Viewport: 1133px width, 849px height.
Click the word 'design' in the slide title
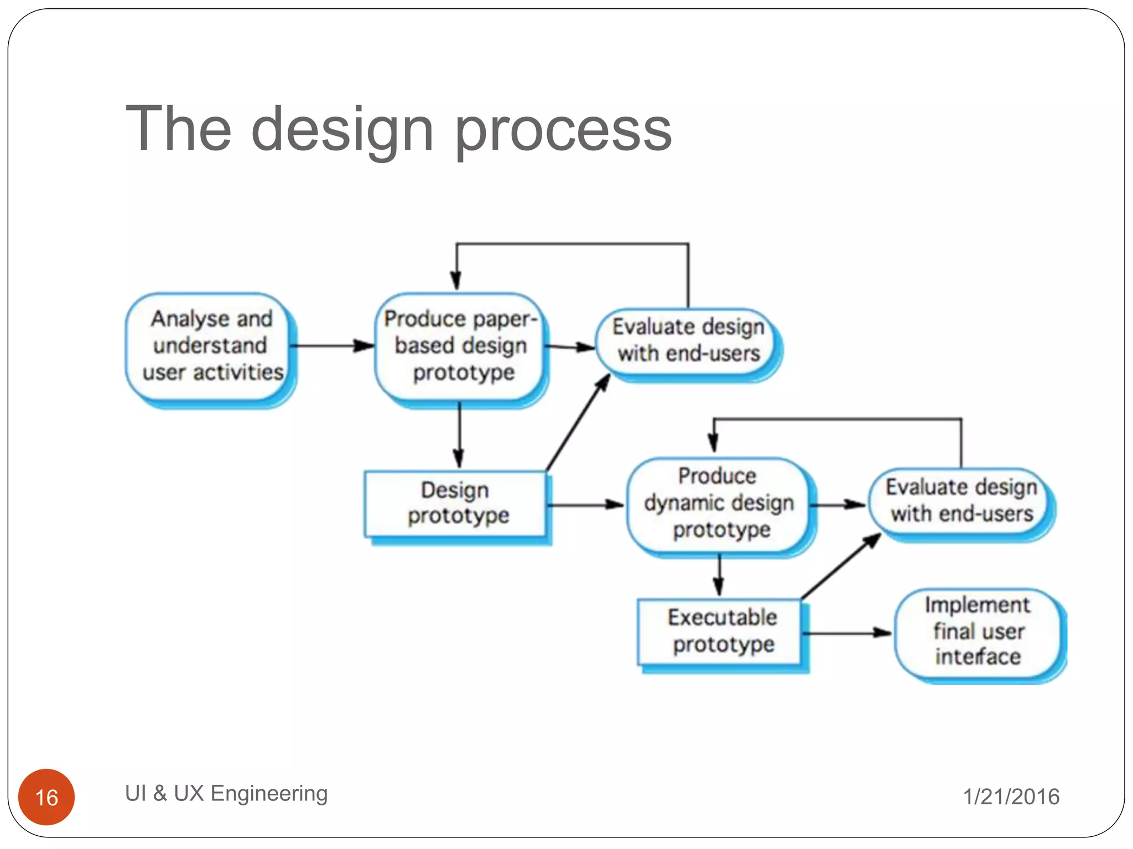(x=342, y=130)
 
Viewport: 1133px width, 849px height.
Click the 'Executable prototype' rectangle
(x=720, y=631)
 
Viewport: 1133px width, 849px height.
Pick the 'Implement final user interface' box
(x=977, y=631)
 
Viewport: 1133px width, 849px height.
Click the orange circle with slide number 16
(x=46, y=796)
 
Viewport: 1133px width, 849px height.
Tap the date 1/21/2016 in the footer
(x=1011, y=796)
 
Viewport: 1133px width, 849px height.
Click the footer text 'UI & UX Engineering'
(x=226, y=793)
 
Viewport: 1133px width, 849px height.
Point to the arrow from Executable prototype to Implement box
(x=846, y=633)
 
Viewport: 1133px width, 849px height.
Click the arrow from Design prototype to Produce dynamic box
(x=585, y=504)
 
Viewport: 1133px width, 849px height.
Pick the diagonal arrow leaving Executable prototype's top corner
(x=841, y=566)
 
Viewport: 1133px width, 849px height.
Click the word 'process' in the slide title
(x=563, y=130)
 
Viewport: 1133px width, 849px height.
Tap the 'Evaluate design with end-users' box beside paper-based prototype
(x=688, y=340)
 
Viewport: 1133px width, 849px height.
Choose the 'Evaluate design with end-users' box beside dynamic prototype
(x=960, y=501)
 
